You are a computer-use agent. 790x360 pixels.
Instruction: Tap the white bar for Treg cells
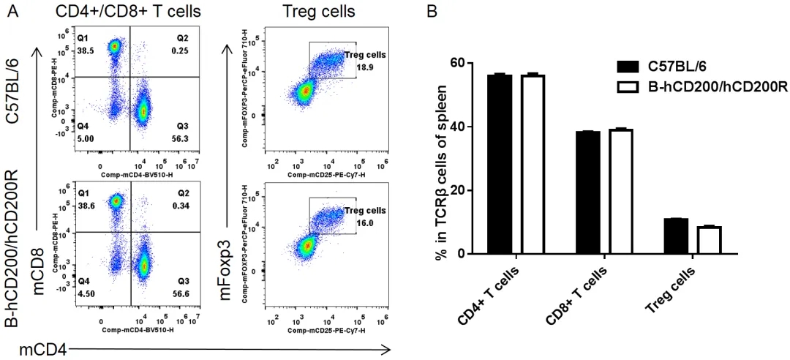click(710, 240)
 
